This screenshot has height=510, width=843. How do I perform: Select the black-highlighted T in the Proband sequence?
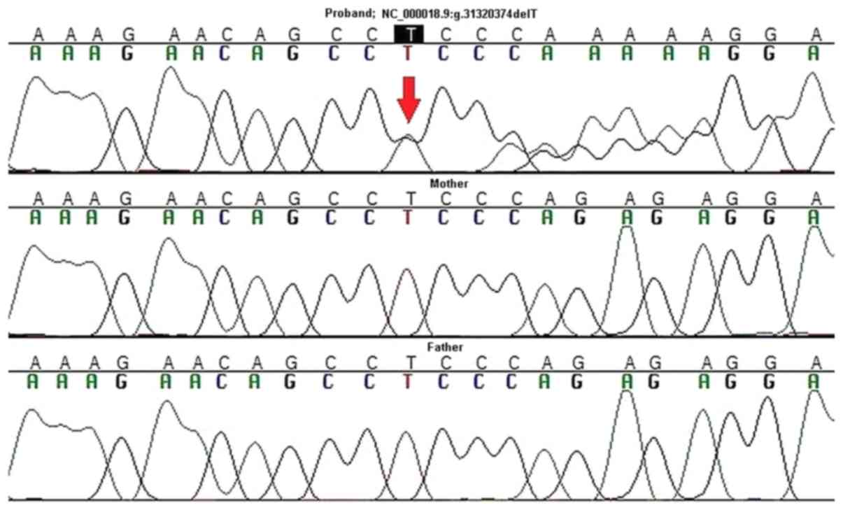[409, 33]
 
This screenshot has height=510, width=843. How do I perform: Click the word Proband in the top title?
[347, 13]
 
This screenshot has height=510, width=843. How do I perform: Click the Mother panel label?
[449, 183]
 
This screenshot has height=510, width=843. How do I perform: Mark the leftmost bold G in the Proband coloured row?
[127, 53]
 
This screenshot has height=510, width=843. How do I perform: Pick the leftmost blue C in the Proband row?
[224, 53]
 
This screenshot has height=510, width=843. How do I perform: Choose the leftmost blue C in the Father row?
[224, 382]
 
